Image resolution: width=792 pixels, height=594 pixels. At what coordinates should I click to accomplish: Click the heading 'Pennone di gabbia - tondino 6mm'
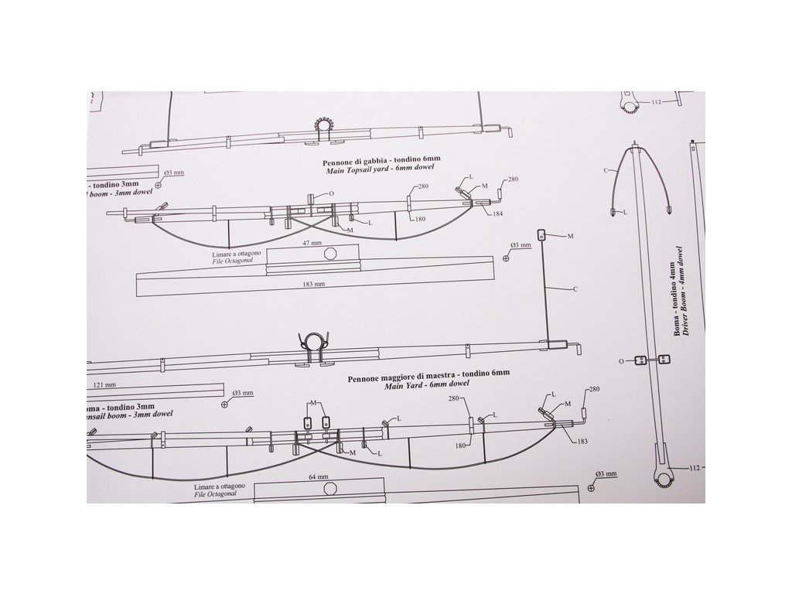(x=377, y=157)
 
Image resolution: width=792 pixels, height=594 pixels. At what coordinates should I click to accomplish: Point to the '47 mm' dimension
(x=312, y=242)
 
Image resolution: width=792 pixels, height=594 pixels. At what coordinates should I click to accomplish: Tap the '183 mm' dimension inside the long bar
(x=315, y=284)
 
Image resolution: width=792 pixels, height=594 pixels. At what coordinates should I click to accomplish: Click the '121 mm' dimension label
(x=104, y=384)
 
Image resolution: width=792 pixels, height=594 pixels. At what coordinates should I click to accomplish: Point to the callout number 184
(x=497, y=212)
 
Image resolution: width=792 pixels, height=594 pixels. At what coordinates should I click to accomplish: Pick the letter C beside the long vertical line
(x=575, y=289)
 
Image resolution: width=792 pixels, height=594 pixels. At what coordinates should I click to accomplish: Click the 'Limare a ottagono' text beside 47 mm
(x=236, y=254)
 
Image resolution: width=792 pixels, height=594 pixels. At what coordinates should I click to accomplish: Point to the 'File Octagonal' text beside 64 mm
(x=220, y=494)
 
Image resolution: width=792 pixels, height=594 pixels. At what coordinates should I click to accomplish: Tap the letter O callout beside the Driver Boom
(x=621, y=360)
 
